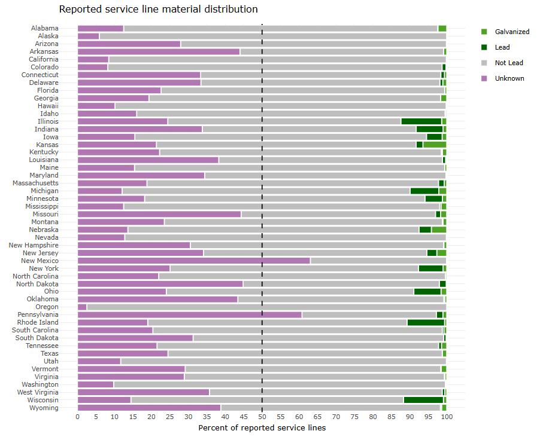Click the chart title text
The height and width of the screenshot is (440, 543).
click(158, 10)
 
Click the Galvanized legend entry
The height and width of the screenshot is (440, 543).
click(512, 32)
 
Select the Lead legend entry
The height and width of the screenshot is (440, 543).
click(502, 47)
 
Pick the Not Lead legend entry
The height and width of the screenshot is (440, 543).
click(508, 63)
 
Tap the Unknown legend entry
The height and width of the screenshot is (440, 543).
click(509, 78)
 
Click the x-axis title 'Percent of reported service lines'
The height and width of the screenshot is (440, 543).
click(262, 427)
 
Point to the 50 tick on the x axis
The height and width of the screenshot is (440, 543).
click(262, 417)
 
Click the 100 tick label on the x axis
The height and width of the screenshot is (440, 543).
click(446, 417)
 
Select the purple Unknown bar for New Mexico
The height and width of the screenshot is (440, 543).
click(193, 261)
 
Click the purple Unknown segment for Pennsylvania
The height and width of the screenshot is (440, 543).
click(189, 314)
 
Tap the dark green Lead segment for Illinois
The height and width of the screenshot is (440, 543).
click(421, 121)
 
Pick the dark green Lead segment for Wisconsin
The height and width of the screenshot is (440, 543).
click(423, 400)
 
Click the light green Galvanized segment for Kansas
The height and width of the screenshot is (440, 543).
click(435, 145)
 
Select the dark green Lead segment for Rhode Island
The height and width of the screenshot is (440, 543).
click(426, 322)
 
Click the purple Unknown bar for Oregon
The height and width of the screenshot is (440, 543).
click(82, 307)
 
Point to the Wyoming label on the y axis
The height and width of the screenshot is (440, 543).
click(44, 408)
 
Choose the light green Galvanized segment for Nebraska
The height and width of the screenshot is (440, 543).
click(439, 230)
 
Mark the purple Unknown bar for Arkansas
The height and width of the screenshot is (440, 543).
click(159, 51)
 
